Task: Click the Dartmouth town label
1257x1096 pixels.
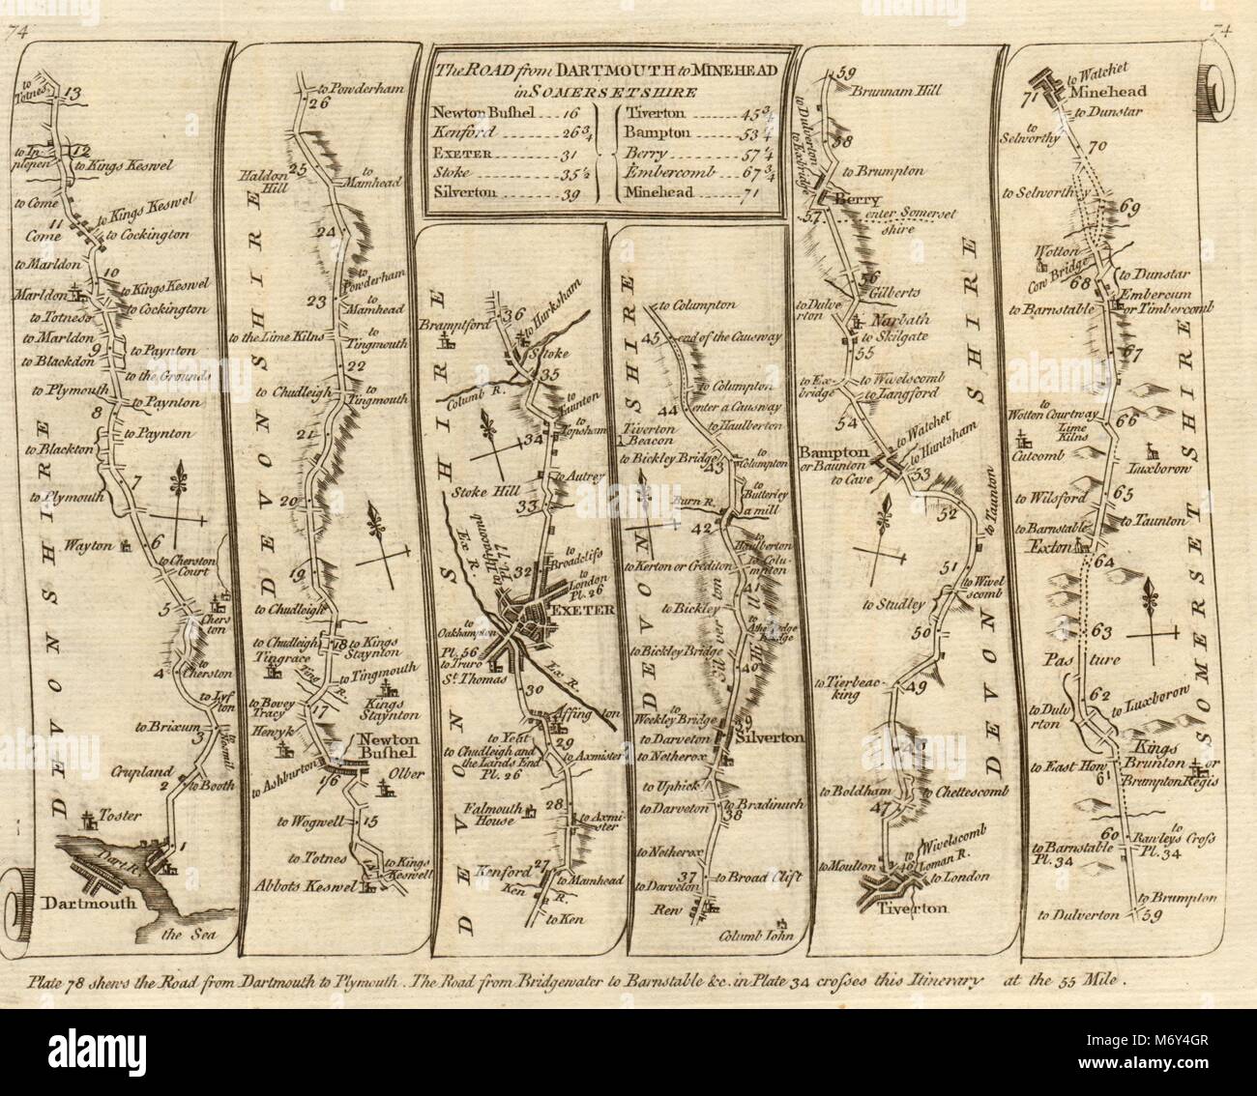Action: [x=77, y=904]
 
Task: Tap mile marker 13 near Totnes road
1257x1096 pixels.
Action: [x=74, y=94]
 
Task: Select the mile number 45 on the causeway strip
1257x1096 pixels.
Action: [x=649, y=337]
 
